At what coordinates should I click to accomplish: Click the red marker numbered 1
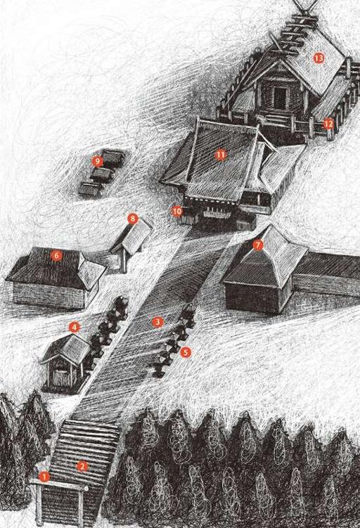[x=44, y=476]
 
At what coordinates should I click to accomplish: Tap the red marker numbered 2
[x=82, y=466]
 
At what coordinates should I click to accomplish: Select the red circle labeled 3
[x=157, y=322]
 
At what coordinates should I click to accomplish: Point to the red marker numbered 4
[x=74, y=327]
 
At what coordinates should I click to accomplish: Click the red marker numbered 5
[x=186, y=352]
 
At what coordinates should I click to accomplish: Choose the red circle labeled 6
[x=56, y=256]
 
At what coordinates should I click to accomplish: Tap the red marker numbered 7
[x=257, y=245]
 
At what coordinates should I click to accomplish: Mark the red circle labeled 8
[x=133, y=219]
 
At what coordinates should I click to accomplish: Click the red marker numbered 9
[x=97, y=162]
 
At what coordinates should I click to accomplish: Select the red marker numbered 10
[x=177, y=211]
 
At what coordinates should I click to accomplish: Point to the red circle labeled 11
[x=221, y=155]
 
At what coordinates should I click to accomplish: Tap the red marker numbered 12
[x=328, y=124]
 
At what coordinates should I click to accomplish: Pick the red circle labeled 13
[x=319, y=58]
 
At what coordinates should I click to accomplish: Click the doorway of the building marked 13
[x=280, y=98]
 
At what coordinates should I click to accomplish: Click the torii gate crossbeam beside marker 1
[x=59, y=485]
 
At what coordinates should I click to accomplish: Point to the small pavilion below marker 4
[x=65, y=362]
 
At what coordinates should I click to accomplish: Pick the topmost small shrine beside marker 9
[x=112, y=157]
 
